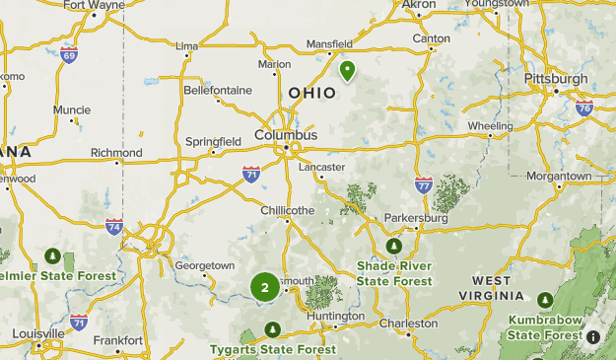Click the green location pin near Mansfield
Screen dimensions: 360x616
click(x=348, y=70)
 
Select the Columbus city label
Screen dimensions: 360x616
click(x=286, y=134)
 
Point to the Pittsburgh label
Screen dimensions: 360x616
click(x=557, y=78)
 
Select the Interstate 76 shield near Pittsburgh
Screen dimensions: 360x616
click(x=583, y=105)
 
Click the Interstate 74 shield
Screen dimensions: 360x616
click(x=114, y=226)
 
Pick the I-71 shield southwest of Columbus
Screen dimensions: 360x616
click(x=251, y=174)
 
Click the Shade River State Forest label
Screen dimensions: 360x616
click(x=394, y=273)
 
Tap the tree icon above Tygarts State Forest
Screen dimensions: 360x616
click(x=273, y=329)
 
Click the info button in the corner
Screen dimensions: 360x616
click(x=593, y=337)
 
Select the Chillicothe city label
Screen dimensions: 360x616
click(x=287, y=210)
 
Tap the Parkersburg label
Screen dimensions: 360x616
click(x=415, y=217)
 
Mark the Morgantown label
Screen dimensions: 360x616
click(x=559, y=176)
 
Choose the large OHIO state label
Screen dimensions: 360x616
click(x=311, y=93)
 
